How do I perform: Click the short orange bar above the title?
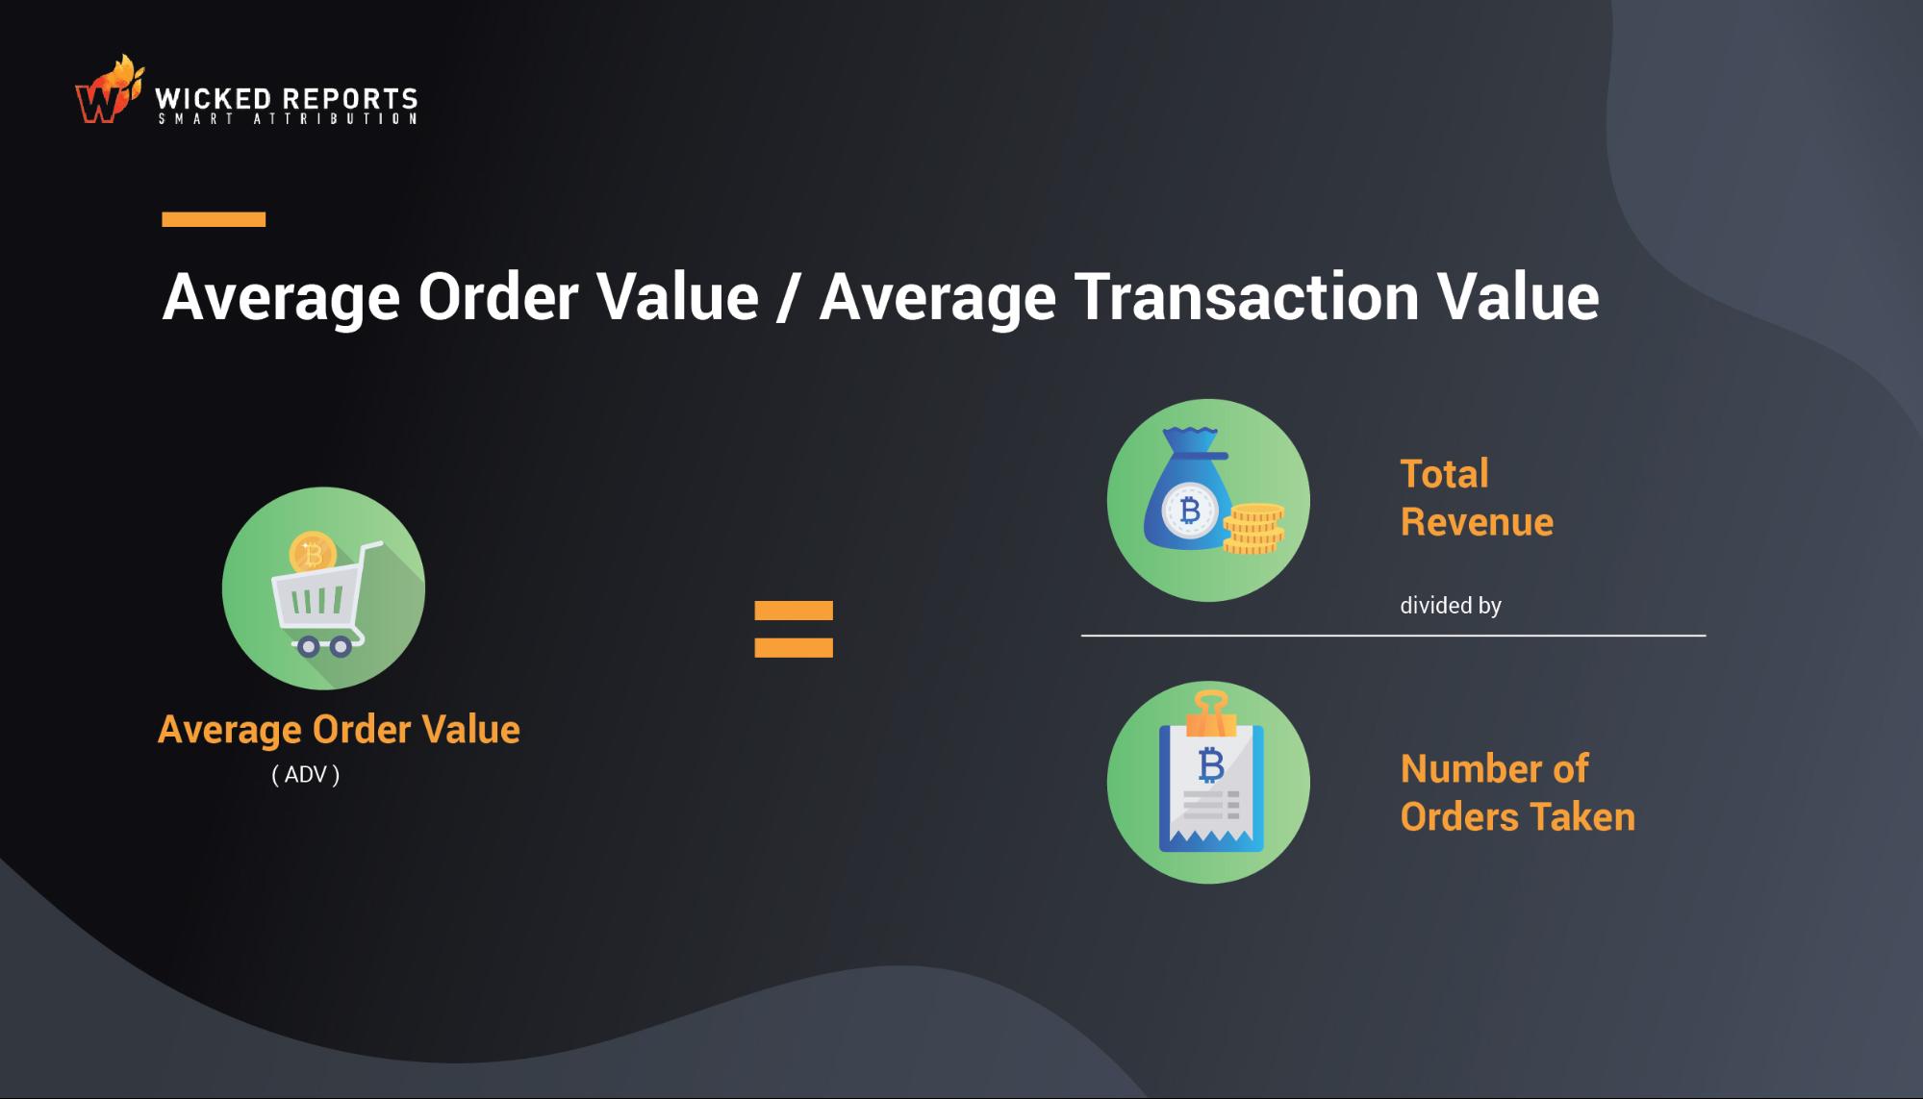click(x=214, y=219)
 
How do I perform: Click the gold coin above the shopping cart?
click(x=312, y=554)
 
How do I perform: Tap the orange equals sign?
click(x=794, y=629)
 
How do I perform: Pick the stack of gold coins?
click(x=1254, y=529)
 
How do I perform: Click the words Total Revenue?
click(x=1476, y=498)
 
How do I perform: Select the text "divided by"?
click(x=1450, y=606)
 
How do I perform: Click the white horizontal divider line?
click(x=1393, y=636)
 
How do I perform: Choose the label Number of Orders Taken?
click(x=1517, y=792)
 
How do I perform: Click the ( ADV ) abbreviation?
click(x=306, y=775)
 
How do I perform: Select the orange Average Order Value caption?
click(x=339, y=730)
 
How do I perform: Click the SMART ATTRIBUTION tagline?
click(x=288, y=119)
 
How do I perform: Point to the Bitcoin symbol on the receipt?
click(x=1211, y=765)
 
